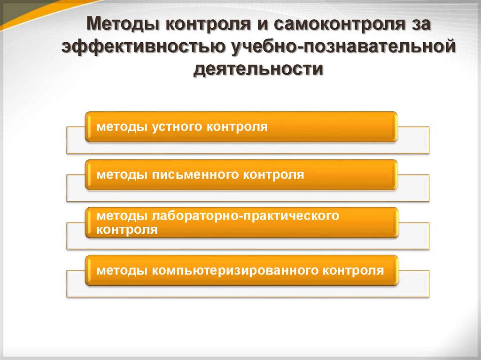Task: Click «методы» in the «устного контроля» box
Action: (x=120, y=127)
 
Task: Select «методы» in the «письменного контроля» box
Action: (x=120, y=175)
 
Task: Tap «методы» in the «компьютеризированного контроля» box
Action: (x=120, y=271)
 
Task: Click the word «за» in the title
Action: (x=416, y=24)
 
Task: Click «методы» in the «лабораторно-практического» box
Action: (x=120, y=216)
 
